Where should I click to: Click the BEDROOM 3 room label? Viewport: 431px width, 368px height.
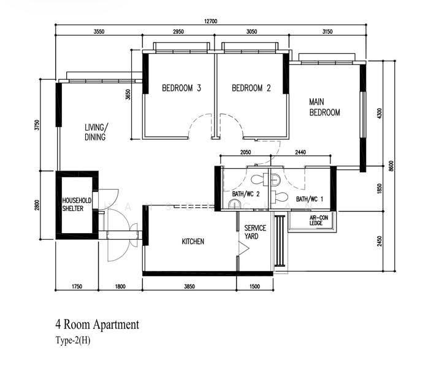181,88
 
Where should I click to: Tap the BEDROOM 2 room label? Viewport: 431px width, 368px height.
251,88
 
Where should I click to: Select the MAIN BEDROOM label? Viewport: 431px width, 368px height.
324,107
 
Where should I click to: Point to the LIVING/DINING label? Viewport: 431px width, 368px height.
96,132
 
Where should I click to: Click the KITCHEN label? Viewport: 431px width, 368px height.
193,242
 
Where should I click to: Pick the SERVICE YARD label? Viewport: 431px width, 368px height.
255,232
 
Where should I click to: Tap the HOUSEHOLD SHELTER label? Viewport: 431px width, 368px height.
77,204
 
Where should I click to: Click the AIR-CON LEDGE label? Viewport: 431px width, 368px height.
319,220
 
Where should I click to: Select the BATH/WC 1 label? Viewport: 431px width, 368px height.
310,199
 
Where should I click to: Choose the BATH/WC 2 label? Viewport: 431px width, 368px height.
246,194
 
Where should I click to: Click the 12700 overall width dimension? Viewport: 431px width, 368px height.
211,21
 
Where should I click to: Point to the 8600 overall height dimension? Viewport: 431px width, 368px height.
391,166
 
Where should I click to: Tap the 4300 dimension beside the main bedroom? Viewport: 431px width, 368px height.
380,113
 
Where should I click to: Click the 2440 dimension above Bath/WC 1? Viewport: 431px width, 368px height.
300,152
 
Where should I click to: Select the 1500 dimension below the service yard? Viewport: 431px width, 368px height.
254,286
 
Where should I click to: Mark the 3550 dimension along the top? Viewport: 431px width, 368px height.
99,32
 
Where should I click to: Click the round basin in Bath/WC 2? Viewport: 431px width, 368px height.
234,205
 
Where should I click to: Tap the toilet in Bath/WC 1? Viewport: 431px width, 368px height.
280,197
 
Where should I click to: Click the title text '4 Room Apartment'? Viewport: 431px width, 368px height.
97,324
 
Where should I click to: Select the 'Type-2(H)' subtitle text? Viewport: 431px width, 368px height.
73,340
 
